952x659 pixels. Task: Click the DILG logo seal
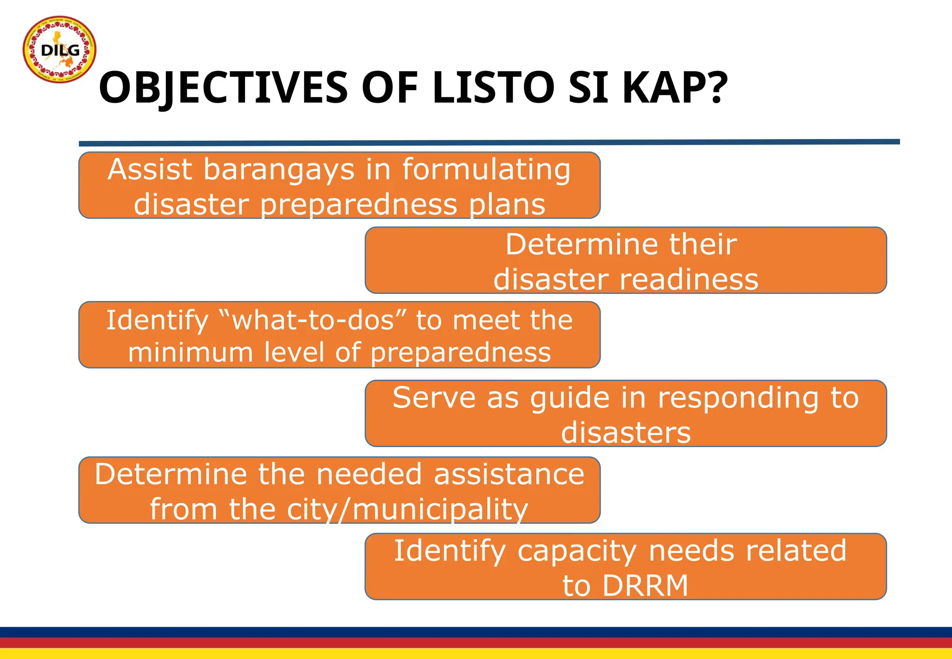point(59,49)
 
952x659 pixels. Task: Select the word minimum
point(190,352)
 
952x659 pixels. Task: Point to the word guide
point(569,399)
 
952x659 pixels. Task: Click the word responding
point(738,399)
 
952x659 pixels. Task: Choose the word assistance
point(509,474)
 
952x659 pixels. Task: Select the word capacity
point(577,551)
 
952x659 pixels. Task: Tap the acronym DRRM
point(645,586)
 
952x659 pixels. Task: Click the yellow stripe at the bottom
point(476,654)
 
